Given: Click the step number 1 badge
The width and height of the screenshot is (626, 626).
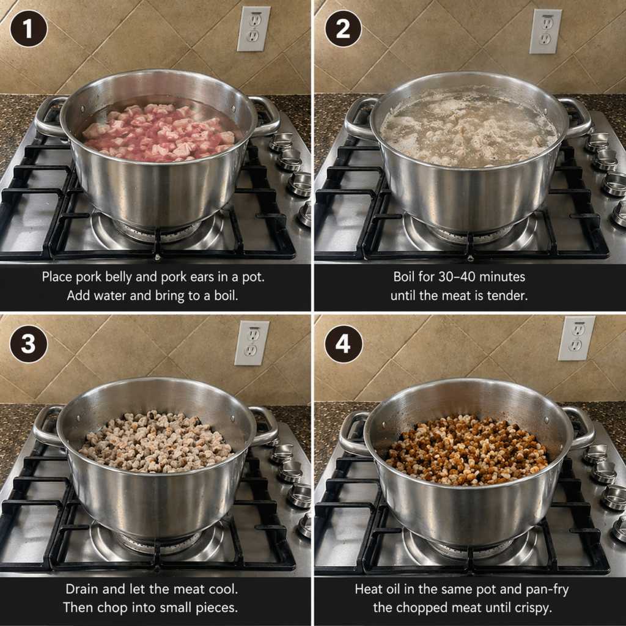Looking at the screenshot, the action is point(28,29).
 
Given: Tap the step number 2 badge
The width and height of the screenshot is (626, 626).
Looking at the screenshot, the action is point(343,29).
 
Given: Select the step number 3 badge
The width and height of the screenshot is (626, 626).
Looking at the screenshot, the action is point(28,344).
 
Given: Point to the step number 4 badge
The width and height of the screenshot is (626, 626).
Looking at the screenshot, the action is point(343,344).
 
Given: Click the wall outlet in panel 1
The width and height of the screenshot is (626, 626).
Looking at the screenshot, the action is point(254,29).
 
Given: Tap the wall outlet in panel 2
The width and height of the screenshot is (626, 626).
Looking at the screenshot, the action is point(545,31).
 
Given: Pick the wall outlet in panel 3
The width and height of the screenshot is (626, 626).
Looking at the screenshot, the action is point(251,343).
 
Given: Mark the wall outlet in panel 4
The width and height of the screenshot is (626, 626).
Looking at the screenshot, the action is point(576,338).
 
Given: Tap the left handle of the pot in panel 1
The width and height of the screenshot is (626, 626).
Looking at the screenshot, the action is point(47,117).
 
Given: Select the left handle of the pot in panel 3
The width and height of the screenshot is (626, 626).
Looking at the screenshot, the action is point(45,425).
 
